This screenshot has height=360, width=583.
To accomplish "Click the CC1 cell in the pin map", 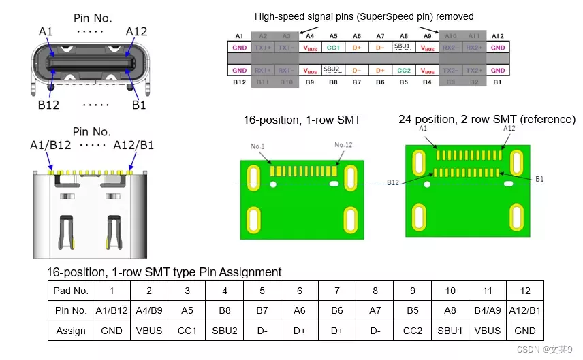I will coord(334,48).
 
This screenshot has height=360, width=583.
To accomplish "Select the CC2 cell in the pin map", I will coord(404,71).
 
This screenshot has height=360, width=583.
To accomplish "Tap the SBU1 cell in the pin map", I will coord(404,47).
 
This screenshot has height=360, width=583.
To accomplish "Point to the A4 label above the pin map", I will coord(310,35).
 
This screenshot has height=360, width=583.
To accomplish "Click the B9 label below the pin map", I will coord(310,82).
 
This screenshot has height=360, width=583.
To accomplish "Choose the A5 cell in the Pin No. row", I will coord(188,310).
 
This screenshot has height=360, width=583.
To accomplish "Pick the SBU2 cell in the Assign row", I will coord(224,331).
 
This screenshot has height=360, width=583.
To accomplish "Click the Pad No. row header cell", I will coord(71,291).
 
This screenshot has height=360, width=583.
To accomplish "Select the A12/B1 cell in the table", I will coord(524,310).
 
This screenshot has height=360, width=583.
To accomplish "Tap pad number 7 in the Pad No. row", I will coord(337,291).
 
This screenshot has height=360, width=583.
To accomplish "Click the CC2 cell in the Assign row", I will coord(412,331).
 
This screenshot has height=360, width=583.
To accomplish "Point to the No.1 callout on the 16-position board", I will coord(257,145).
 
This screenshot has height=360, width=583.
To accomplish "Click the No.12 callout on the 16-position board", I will coord(344,145).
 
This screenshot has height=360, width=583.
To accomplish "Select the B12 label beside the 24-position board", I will coord(393,182).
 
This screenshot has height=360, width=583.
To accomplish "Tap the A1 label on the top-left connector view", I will coord(46,32).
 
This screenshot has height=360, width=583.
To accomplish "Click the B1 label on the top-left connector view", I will coord(139,105).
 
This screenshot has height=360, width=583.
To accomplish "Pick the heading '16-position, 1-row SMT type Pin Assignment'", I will coord(164,272).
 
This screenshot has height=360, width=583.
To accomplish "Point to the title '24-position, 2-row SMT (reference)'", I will coord(486,120).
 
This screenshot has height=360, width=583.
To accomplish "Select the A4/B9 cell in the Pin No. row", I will coord(149,310).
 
